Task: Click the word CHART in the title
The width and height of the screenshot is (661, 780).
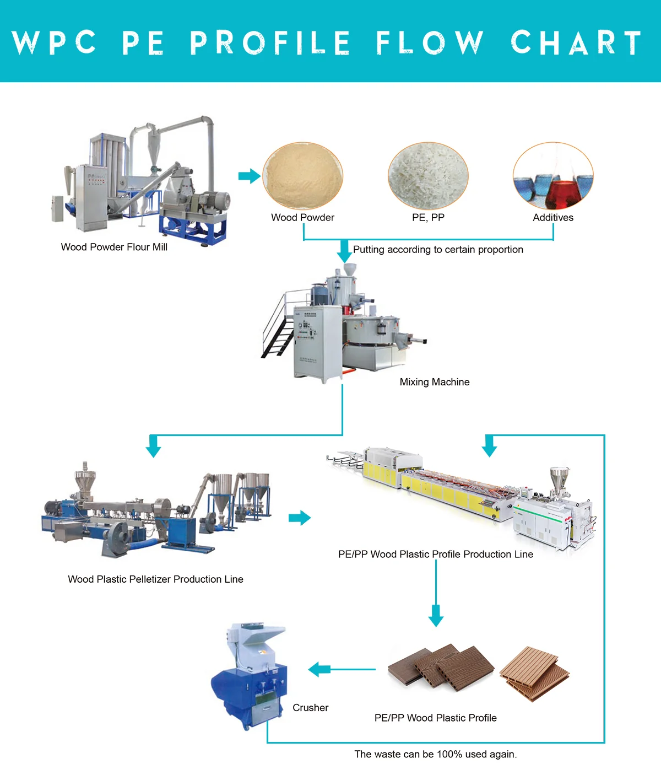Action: coord(576,42)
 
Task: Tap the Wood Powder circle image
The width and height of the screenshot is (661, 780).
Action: coord(303,176)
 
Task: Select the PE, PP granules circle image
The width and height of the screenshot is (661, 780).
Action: coord(428,176)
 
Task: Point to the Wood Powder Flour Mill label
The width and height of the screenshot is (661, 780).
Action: coord(114,247)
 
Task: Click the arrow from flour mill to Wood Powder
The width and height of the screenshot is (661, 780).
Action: coord(249,176)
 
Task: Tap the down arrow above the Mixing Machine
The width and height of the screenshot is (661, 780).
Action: coord(344,252)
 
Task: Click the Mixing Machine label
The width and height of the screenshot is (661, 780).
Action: coord(435,382)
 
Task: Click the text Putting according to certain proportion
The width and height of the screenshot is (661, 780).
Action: coord(438,250)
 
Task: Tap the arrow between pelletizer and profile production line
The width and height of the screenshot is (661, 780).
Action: coord(300,518)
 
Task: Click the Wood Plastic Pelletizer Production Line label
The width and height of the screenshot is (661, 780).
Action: coord(155,579)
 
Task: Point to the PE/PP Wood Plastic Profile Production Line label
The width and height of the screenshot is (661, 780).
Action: coord(436,555)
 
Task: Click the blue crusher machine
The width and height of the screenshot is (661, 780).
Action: coord(251,678)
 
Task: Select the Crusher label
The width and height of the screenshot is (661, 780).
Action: coord(310,708)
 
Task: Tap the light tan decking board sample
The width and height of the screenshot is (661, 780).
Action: coord(534,674)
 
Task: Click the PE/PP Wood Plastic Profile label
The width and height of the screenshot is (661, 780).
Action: coord(435,718)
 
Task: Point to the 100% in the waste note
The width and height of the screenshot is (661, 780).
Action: coord(449,754)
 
